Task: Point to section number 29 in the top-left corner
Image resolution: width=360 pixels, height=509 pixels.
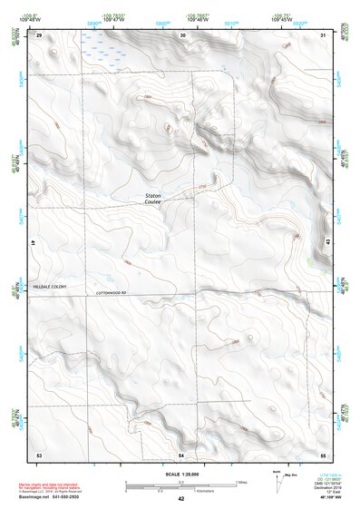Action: tap(39, 34)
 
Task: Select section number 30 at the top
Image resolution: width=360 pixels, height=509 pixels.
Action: tap(182, 34)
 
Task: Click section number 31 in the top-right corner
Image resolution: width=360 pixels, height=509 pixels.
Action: tap(323, 34)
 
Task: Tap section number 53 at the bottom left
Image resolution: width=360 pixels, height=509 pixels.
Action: tap(39, 453)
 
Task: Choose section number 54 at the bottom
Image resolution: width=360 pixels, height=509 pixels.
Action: tap(181, 453)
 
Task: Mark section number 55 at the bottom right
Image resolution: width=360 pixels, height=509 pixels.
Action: tap(323, 453)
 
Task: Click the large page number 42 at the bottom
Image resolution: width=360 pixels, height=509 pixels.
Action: tap(180, 499)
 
